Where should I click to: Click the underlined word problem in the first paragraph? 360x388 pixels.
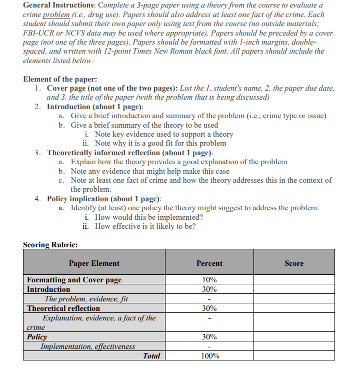point(56,15)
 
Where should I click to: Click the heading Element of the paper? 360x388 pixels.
point(60,79)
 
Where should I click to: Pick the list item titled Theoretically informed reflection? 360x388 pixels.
point(129,152)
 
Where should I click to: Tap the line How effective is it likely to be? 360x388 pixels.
point(145,226)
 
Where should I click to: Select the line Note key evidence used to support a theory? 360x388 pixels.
point(163,134)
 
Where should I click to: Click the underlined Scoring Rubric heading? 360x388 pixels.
point(50,245)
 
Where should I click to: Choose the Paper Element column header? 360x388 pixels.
point(94,263)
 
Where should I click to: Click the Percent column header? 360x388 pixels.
point(209,263)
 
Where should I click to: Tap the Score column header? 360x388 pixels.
point(293,263)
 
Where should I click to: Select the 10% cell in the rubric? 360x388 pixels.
point(209,280)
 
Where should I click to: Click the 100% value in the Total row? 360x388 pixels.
point(209,356)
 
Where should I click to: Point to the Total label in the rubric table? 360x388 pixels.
point(151,356)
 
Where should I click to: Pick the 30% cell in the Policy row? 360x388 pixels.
point(209,337)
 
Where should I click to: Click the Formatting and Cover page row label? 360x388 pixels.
point(74,280)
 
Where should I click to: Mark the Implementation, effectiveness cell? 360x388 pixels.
point(87,346)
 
